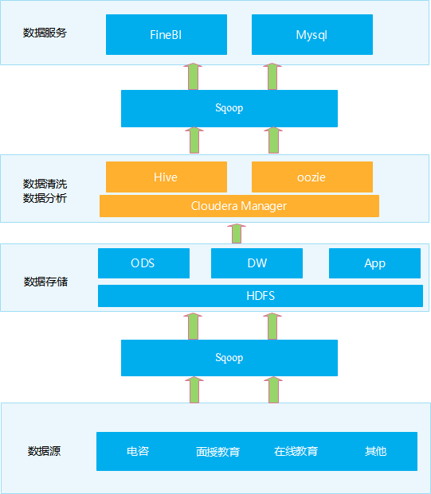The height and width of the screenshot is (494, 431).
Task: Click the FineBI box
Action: point(166,35)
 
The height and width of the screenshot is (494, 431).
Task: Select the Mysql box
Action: point(311,35)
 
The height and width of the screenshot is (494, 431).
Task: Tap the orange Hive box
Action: point(166,177)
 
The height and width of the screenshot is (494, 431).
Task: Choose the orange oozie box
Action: point(311,177)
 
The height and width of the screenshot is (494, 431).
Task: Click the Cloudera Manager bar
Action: point(239,206)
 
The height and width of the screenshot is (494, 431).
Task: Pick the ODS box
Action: point(143,263)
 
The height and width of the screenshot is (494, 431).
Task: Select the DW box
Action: point(257,263)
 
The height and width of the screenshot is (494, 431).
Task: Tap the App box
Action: point(374,263)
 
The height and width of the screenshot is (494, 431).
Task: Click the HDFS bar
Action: point(260,296)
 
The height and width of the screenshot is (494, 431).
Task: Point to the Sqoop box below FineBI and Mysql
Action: point(229,108)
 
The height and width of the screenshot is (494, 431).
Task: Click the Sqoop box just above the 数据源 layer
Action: point(229,358)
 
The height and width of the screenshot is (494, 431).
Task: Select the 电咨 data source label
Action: point(137,451)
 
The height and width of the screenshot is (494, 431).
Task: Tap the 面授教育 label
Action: point(217,451)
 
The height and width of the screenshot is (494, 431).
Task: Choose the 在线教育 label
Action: point(296,451)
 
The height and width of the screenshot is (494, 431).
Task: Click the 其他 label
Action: point(375,451)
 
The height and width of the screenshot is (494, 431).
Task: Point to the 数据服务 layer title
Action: point(45,33)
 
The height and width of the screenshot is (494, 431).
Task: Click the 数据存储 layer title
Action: point(45,282)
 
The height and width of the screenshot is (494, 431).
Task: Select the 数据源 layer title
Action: point(45,451)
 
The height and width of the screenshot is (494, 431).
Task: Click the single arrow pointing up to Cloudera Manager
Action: point(236,234)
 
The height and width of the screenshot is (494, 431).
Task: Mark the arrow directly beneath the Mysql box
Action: point(272,76)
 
